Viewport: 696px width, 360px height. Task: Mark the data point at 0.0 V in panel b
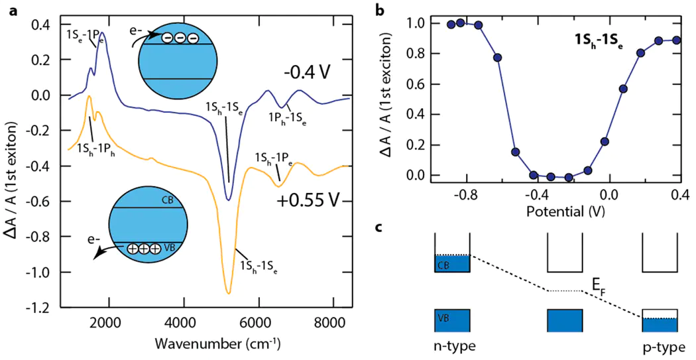(x=605, y=141)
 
